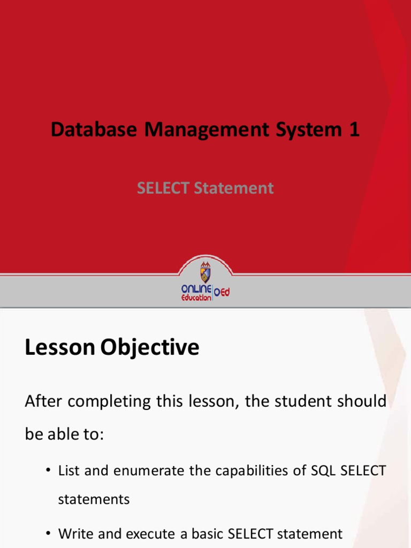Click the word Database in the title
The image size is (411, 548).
click(94, 130)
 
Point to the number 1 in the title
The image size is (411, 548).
click(354, 129)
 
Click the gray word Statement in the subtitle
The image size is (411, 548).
click(234, 188)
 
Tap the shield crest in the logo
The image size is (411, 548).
click(205, 272)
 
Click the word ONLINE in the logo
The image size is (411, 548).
click(196, 289)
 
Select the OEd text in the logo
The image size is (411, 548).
click(222, 292)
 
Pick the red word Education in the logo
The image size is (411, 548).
click(196, 298)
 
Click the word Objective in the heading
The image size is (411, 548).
click(150, 348)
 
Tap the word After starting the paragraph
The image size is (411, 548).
click(43, 401)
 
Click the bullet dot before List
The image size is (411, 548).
click(48, 470)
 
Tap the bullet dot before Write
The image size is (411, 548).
click(48, 534)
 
